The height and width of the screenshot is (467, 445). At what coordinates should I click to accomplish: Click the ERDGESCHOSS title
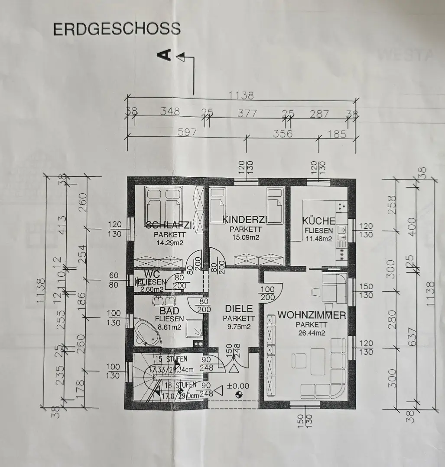point(116,29)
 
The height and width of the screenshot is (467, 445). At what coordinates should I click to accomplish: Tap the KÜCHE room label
point(318,221)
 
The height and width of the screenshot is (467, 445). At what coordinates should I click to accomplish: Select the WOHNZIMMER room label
point(312,315)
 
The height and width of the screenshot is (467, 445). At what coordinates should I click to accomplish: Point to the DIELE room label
point(239,309)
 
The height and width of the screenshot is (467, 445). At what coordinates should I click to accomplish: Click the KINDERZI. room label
point(246,220)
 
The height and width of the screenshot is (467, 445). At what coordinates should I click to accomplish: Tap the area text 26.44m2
point(312,332)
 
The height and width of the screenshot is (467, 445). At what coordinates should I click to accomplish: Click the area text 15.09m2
point(246,237)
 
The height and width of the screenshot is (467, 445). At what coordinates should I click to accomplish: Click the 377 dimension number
point(247,113)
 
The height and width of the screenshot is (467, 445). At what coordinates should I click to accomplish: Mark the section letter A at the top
point(166,54)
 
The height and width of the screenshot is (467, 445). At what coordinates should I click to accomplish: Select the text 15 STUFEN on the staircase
point(171,359)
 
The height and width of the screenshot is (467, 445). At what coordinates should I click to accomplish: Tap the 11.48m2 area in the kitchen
point(318,238)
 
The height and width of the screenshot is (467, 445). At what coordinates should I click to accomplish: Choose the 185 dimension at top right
point(337,134)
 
